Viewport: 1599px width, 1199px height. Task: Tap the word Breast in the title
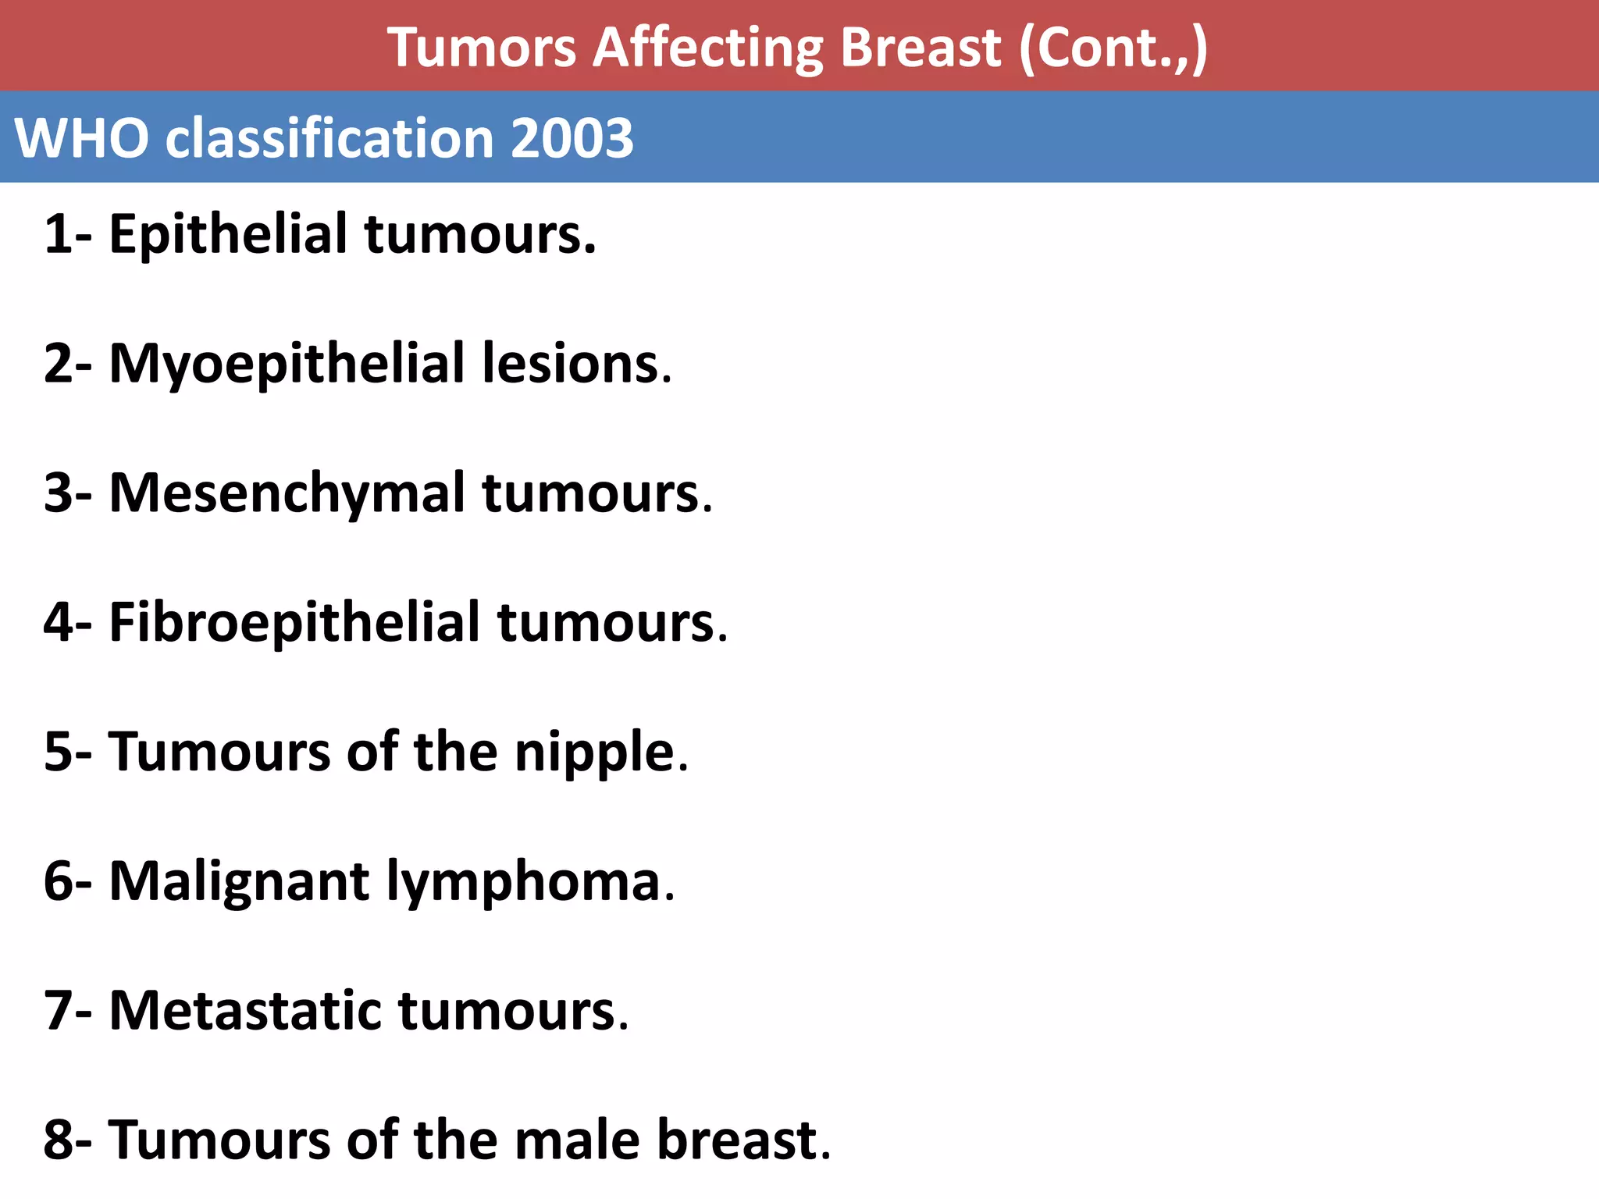(921, 48)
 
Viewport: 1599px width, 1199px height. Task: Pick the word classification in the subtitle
(329, 139)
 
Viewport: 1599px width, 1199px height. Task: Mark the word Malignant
(239, 882)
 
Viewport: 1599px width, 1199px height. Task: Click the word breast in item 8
(737, 1140)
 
